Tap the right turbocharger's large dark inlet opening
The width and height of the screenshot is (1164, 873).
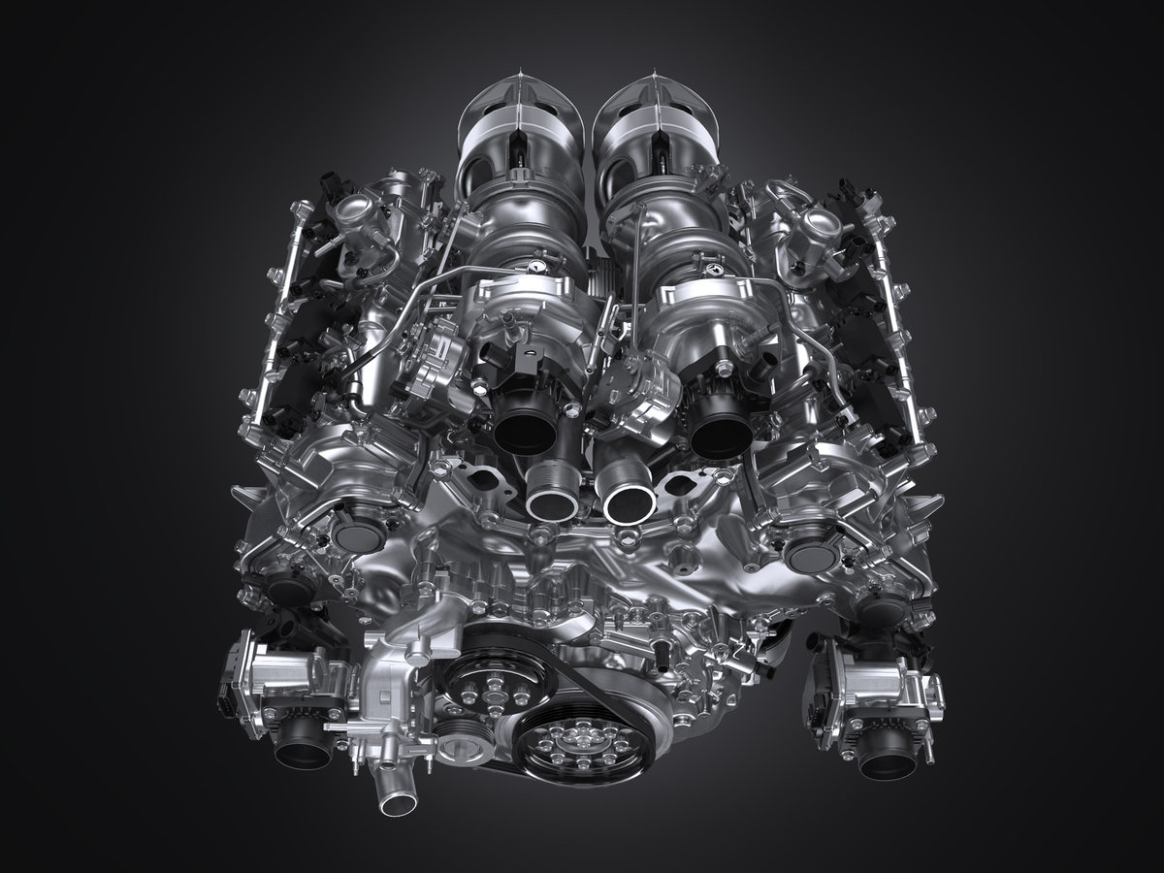point(720,427)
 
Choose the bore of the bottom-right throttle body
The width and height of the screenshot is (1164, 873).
point(887,760)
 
